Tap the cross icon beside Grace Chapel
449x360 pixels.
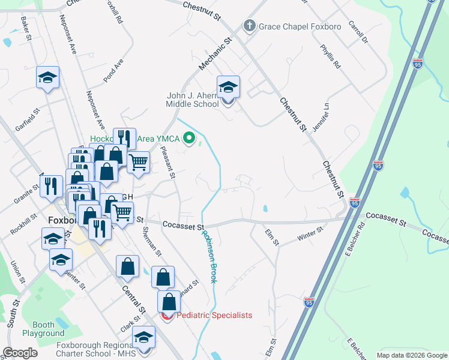tap(249, 26)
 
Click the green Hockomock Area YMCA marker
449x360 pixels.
tap(190, 139)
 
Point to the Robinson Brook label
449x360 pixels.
tap(208, 257)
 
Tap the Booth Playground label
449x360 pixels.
tap(43, 329)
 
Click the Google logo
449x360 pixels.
tap(20, 353)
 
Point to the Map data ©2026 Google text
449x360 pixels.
tap(411, 355)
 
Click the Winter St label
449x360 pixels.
tap(312, 233)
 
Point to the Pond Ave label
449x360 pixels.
tap(113, 70)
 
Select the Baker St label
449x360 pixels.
tap(25, 28)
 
